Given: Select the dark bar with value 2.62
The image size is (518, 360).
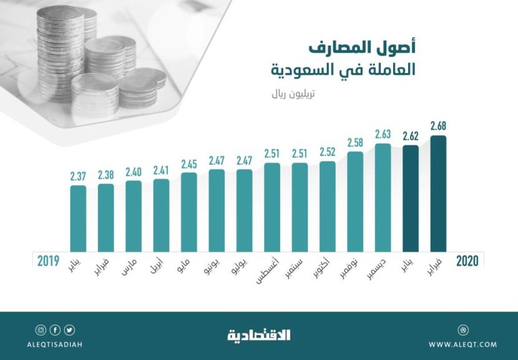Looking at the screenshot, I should pyautogui.click(x=411, y=198).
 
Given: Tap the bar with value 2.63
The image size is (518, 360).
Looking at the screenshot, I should pyautogui.click(x=383, y=197).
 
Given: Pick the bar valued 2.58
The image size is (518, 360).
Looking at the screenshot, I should pyautogui.click(x=355, y=201).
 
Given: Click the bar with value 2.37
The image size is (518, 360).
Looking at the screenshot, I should pyautogui.click(x=78, y=218).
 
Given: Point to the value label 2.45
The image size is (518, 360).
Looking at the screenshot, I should pyautogui.click(x=188, y=165).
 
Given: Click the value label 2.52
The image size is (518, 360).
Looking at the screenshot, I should pyautogui.click(x=327, y=152).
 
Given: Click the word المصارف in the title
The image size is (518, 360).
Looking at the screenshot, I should pyautogui.click(x=347, y=47).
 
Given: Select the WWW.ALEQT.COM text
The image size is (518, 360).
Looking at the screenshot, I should pyautogui.click(x=462, y=344).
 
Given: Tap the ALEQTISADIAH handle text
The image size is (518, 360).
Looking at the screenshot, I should pyautogui.click(x=55, y=344).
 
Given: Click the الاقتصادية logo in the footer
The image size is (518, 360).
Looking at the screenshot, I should pyautogui.click(x=258, y=336).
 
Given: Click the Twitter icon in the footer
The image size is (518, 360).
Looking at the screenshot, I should pyautogui.click(x=69, y=330).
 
